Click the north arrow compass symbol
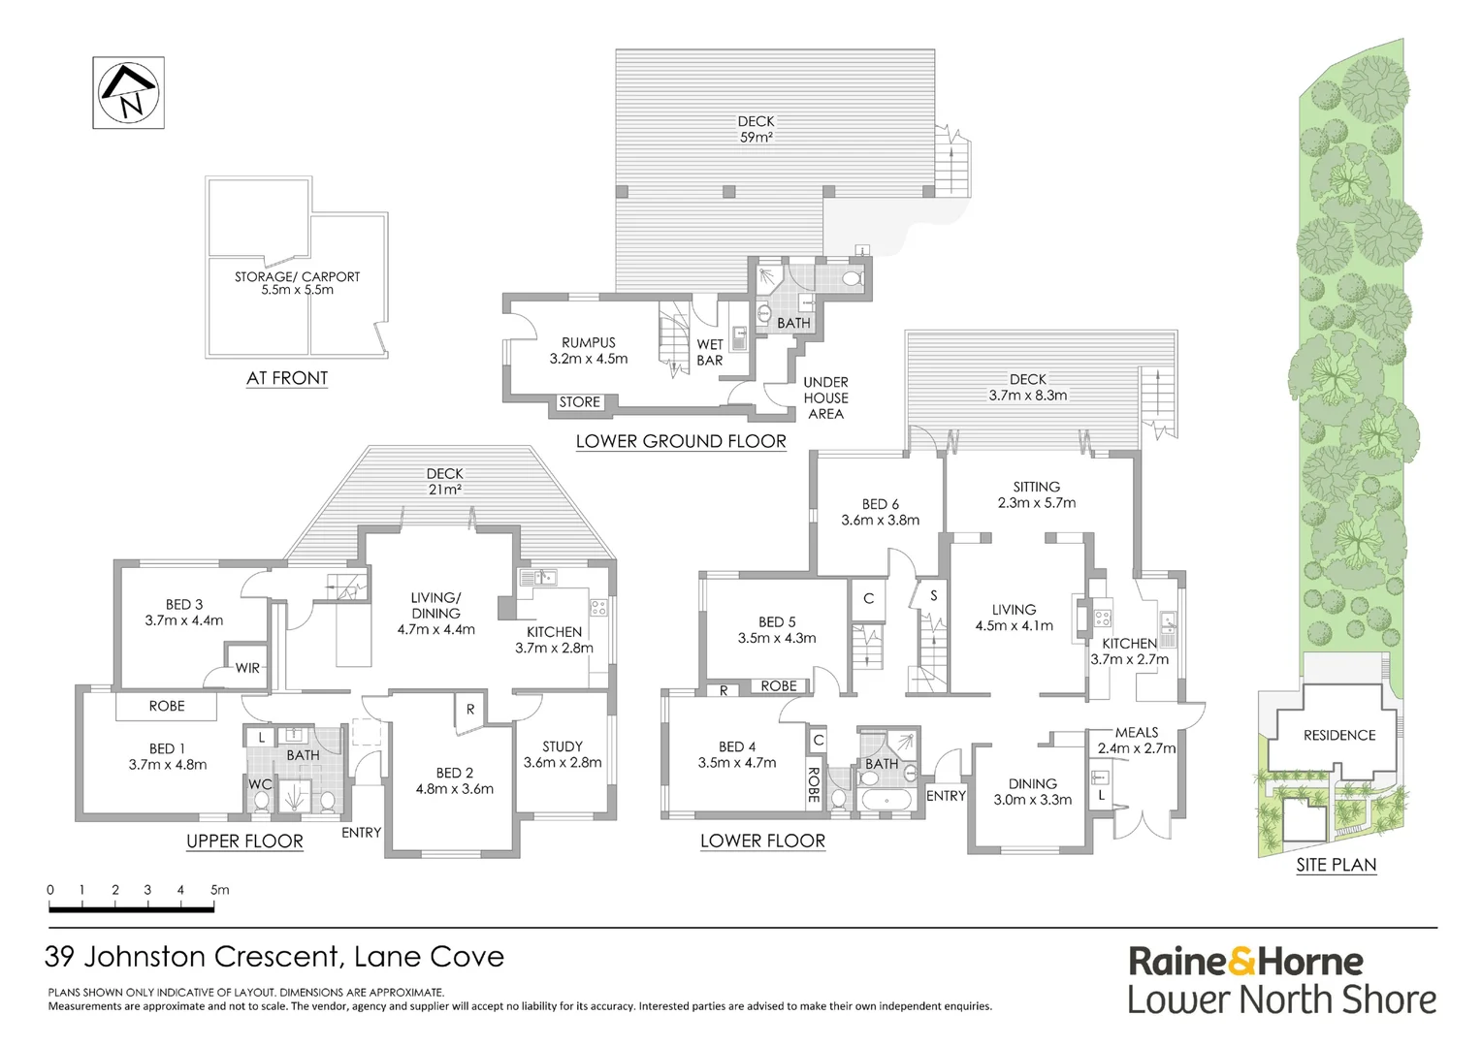[x=128, y=92]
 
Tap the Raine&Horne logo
[x=1245, y=962]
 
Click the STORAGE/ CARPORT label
[x=297, y=283]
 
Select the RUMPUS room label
[x=588, y=350]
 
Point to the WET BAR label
[x=710, y=352]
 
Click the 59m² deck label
[x=756, y=129]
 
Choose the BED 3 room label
[x=183, y=612]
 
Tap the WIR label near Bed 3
[x=247, y=668]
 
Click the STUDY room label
[x=563, y=754]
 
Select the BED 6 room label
[x=880, y=512]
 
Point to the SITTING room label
[x=1036, y=494]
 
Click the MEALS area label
[x=1136, y=740]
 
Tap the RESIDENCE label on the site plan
[x=1338, y=735]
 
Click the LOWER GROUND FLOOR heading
[x=681, y=441]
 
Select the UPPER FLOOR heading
[x=244, y=841]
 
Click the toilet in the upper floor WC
[x=261, y=802]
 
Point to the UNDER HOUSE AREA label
[x=825, y=397]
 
